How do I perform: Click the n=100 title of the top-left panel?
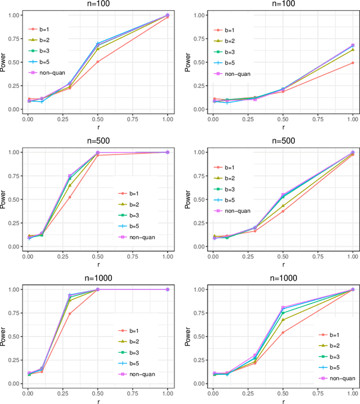(x=97, y=5)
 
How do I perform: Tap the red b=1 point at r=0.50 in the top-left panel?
(x=98, y=62)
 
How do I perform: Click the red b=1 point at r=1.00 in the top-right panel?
(x=353, y=63)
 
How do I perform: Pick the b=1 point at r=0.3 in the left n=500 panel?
(x=70, y=197)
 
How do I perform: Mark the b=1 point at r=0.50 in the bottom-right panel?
(x=282, y=333)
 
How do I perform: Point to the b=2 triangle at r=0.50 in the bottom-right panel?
(x=282, y=320)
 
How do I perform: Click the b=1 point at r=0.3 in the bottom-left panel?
(x=70, y=314)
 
